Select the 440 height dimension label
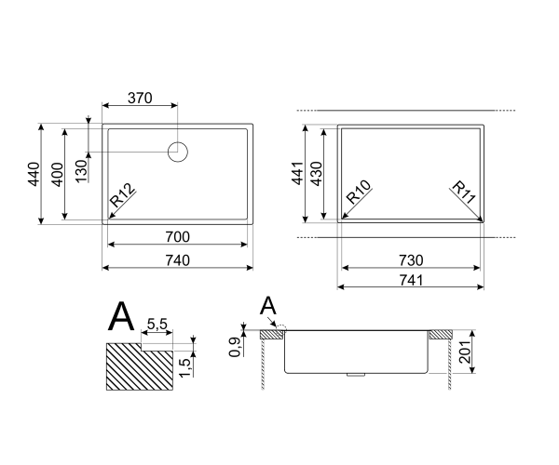click(34, 173)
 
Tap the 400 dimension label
click(57, 173)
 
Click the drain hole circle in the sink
click(177, 152)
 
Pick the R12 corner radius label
click(123, 199)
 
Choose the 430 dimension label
click(316, 173)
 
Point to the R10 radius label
click(359, 198)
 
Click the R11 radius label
click(464, 196)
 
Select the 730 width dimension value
click(411, 259)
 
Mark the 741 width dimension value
click(411, 279)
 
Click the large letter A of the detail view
click(121, 317)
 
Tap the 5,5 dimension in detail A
click(157, 323)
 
